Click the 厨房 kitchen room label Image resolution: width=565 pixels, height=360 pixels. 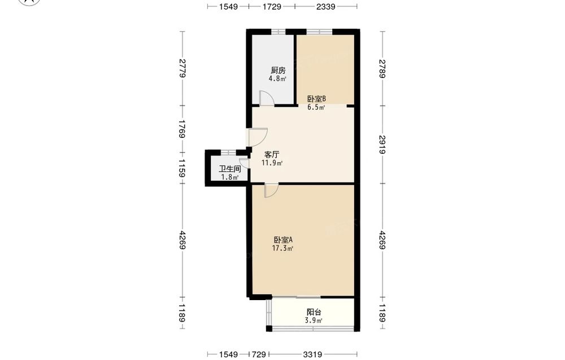click(x=278, y=70)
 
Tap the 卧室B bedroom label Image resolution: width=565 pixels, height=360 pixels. click(x=317, y=98)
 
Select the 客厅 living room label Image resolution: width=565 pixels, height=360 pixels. click(x=272, y=155)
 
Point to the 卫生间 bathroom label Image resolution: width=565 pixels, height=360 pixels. click(x=230, y=168)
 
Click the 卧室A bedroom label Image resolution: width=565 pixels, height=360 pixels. click(x=283, y=240)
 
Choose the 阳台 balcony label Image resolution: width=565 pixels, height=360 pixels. click(x=314, y=312)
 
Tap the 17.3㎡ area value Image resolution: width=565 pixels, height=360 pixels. click(x=282, y=248)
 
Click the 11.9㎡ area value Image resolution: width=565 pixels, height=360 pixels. click(x=272, y=163)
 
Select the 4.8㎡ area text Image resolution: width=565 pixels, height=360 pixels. click(x=277, y=79)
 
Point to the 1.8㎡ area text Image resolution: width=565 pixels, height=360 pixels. click(x=230, y=177)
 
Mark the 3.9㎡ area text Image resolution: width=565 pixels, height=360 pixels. click(x=314, y=320)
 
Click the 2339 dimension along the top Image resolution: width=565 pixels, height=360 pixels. click(x=326, y=6)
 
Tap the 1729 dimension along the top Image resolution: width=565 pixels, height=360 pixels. click(x=272, y=6)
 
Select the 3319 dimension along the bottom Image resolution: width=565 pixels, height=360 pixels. click(x=312, y=354)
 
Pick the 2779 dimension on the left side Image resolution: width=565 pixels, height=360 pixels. click(x=182, y=68)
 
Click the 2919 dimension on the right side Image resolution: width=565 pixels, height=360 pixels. click(x=383, y=145)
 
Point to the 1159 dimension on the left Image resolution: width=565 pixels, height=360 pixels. click(x=182, y=168)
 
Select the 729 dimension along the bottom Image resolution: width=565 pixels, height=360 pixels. click(x=259, y=354)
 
